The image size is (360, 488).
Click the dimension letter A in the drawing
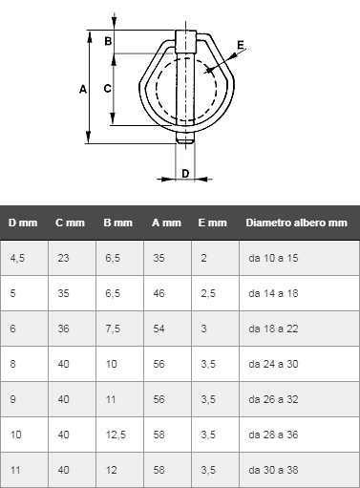coord(83,90)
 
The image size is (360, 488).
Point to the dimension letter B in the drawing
coord(108,41)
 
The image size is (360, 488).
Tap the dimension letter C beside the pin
coord(108,88)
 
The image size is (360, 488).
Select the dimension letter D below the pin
coord(185,174)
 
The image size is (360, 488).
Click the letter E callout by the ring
coord(241,45)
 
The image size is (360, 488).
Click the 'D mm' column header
coord(23,223)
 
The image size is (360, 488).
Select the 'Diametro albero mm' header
coord(296,223)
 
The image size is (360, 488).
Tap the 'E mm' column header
coord(212,223)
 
